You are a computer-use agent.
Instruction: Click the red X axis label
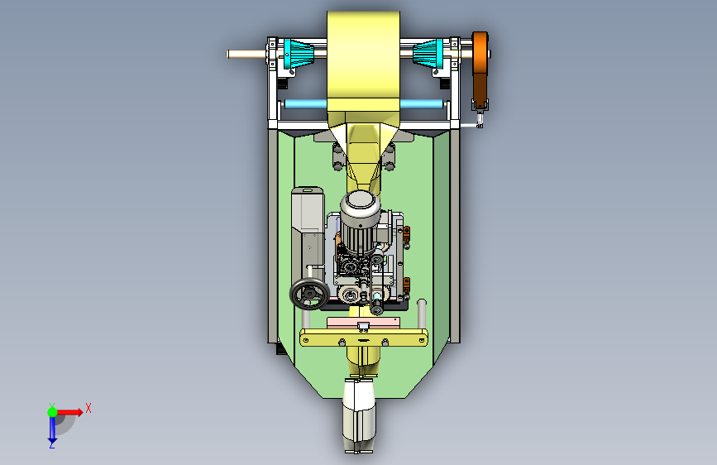pos(88,408)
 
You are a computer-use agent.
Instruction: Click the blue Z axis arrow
pos(52,430)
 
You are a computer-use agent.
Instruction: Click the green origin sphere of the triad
pos(52,412)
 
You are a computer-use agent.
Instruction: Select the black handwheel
pos(309,294)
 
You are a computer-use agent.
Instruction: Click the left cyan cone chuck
pos(299,54)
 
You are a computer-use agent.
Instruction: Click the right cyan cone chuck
pos(428,54)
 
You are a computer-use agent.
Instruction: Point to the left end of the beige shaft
pos(227,54)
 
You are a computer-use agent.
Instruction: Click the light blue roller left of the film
pos(305,104)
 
